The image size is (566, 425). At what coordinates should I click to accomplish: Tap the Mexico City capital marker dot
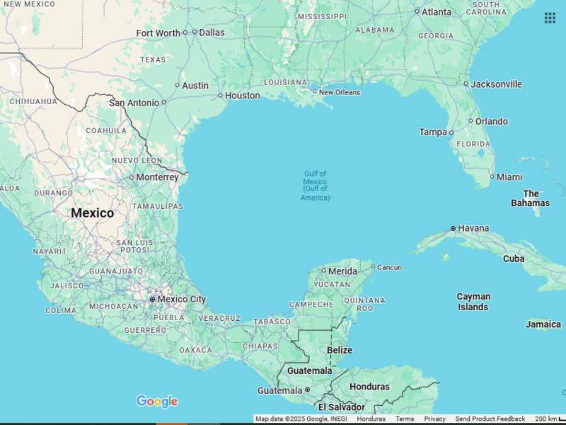(152, 300)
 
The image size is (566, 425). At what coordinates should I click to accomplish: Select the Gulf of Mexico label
(315, 186)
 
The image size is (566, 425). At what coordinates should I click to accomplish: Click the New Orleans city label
(340, 92)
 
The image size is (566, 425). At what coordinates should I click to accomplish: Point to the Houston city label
(243, 96)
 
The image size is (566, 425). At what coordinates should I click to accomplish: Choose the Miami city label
(509, 176)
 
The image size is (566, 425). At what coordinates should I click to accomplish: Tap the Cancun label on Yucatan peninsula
(389, 267)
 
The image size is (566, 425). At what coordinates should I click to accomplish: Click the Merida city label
(342, 271)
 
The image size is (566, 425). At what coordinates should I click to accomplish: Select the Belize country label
(340, 350)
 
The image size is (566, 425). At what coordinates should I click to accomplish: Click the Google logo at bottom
(157, 402)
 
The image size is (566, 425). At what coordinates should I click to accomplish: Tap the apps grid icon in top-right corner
(550, 18)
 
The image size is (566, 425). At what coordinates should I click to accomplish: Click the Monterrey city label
(157, 177)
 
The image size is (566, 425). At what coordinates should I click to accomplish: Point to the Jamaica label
(543, 324)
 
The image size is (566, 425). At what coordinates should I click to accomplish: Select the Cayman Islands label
(473, 302)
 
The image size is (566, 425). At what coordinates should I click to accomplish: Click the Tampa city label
(433, 132)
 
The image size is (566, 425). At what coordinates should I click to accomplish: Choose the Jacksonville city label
(497, 84)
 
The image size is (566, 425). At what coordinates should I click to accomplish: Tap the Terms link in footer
(405, 419)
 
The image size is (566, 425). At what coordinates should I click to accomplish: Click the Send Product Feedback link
(490, 419)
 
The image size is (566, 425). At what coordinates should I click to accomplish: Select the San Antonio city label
(134, 103)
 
